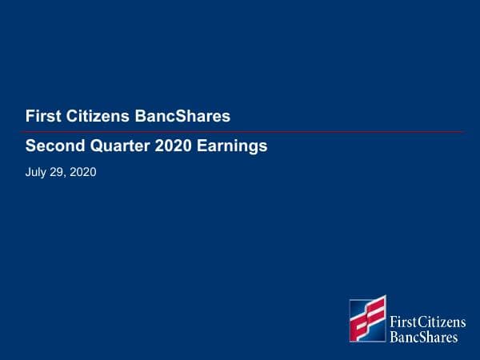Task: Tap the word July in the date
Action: [36, 170]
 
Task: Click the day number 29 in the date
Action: [57, 170]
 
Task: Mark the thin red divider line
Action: [240, 131]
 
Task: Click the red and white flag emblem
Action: [367, 319]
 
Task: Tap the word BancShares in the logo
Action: [423, 337]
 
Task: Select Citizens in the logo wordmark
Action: [440, 322]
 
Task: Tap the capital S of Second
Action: [30, 146]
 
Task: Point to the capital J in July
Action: [28, 170]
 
